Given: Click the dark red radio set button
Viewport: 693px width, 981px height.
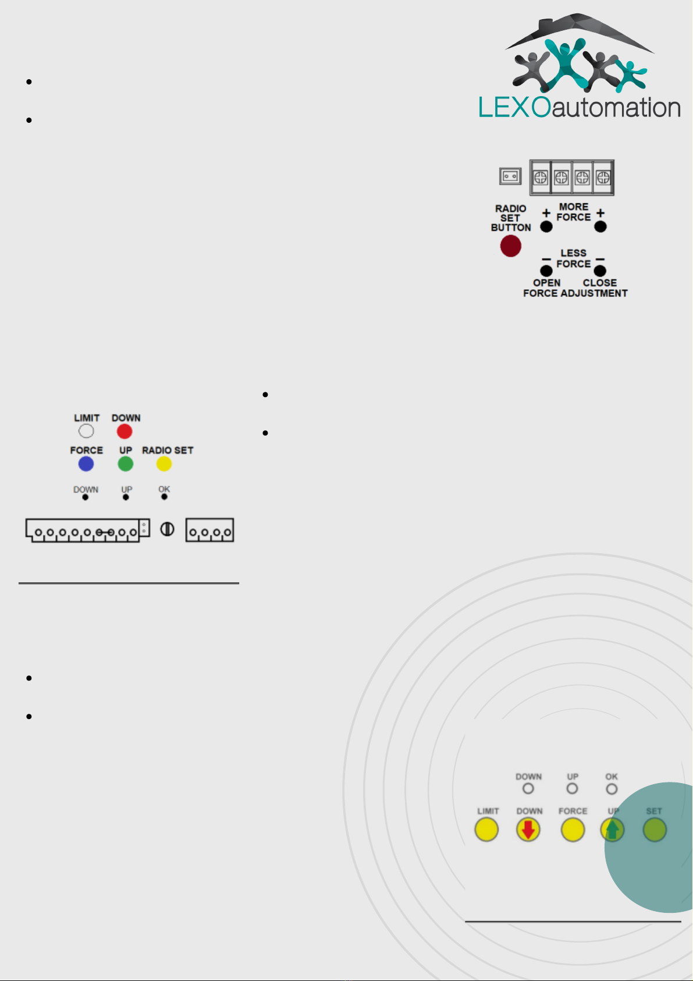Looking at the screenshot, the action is (510, 246).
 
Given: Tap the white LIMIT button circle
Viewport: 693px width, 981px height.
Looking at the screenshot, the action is (86, 431).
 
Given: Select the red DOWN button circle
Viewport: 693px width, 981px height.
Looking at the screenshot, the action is (125, 431).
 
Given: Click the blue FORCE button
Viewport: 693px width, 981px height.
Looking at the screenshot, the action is (86, 464).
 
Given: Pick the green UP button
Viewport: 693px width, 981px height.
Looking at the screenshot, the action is (126, 464).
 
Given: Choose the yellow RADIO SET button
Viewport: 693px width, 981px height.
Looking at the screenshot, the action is (164, 464).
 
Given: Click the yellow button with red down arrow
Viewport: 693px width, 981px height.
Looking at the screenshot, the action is (528, 830).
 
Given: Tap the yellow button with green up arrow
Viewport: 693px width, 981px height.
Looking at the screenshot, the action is (612, 830).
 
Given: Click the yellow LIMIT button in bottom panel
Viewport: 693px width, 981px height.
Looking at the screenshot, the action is (486, 830).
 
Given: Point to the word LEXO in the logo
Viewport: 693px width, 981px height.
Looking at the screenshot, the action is (515, 107).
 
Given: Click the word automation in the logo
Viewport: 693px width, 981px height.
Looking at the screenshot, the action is (616, 108).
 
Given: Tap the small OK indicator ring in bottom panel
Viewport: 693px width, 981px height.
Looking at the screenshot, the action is (612, 789).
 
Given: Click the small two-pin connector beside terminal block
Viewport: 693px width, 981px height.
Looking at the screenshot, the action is (510, 176).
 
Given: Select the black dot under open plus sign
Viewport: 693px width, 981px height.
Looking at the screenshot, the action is (546, 227).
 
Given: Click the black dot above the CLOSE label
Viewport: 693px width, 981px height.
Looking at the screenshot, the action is (600, 271).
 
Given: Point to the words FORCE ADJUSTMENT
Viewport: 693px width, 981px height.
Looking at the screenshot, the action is (575, 293).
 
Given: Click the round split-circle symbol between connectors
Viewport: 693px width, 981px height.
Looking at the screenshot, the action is (167, 529).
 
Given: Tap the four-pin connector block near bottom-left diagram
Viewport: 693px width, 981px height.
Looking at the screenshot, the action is (209, 530).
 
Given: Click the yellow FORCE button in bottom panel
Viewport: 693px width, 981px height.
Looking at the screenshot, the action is (573, 830).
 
